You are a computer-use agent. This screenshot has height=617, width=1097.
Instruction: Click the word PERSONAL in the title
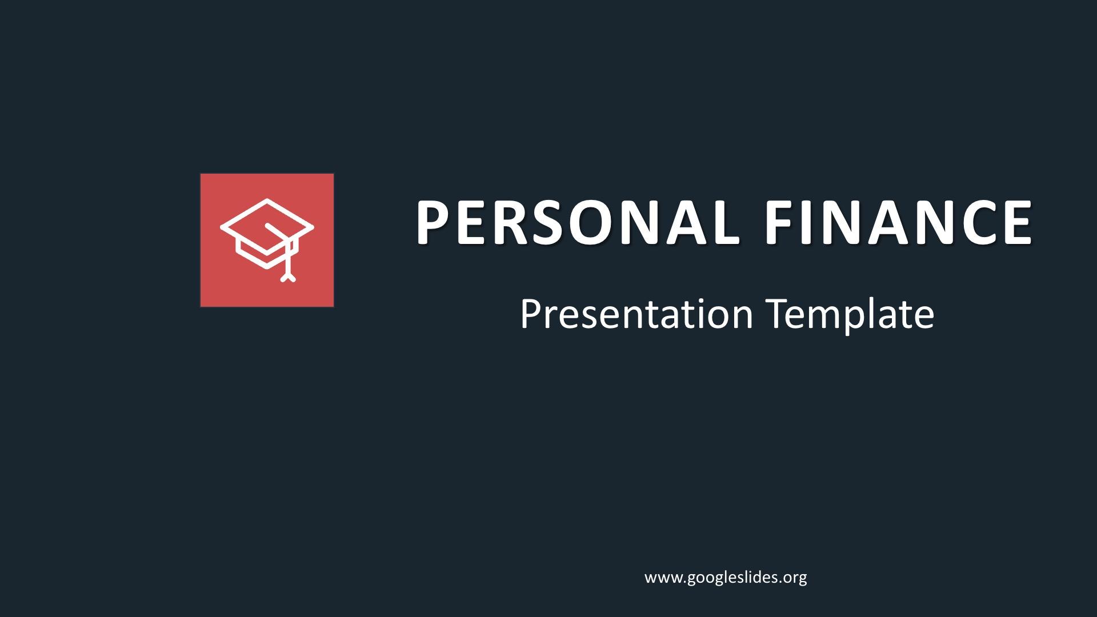click(x=574, y=222)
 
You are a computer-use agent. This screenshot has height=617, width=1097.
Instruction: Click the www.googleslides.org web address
click(x=726, y=578)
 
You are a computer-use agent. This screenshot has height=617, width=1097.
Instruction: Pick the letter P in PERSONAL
click(x=434, y=222)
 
